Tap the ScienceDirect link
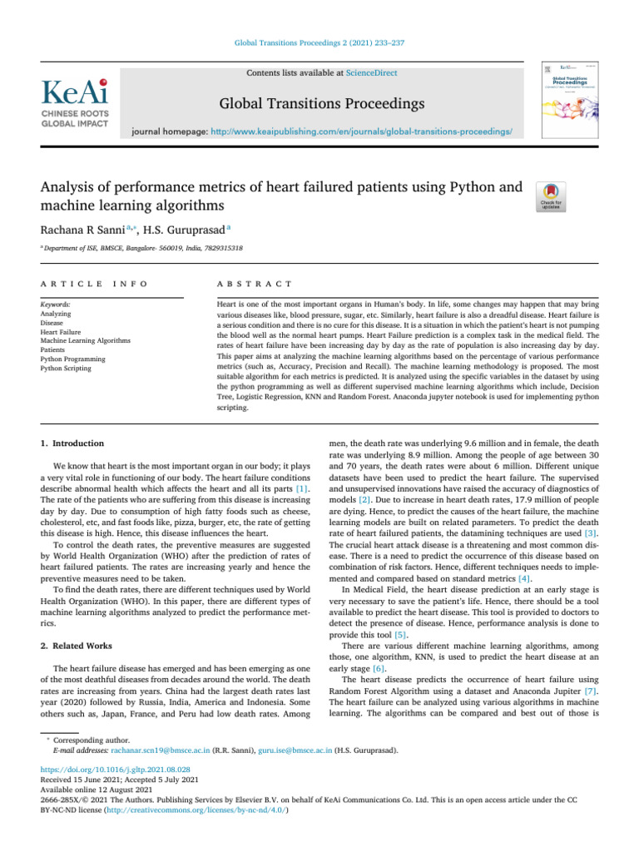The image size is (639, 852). click(370, 73)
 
